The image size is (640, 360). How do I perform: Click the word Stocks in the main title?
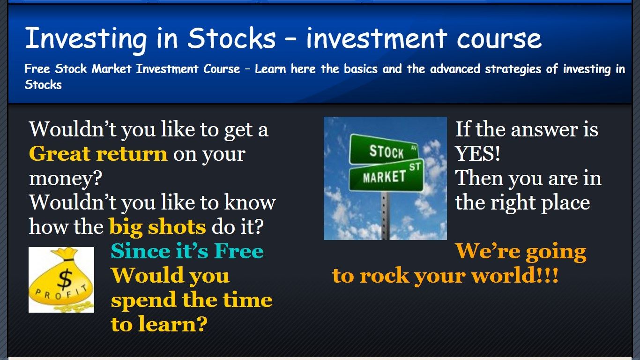[232, 38]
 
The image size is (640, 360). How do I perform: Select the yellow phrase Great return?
[98, 154]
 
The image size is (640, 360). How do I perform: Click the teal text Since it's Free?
[187, 251]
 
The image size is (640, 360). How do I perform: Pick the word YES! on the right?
[477, 154]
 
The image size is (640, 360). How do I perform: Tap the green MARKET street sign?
[386, 175]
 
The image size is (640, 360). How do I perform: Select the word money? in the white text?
[66, 179]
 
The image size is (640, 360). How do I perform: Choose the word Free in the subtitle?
[37, 68]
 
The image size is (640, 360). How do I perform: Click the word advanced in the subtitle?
[455, 68]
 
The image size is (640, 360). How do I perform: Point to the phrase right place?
[540, 203]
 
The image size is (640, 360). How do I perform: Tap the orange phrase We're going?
[520, 252]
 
